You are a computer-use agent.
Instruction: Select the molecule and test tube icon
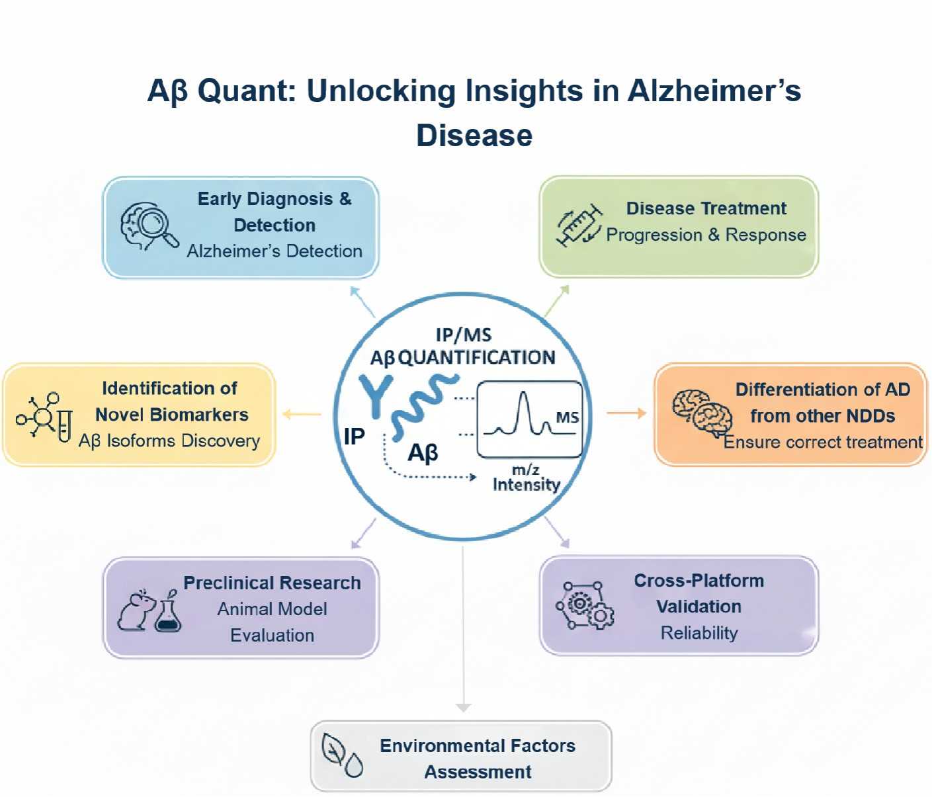pyautogui.click(x=44, y=417)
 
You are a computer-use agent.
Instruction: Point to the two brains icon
pyautogui.click(x=702, y=413)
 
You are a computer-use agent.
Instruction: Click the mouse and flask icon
pyautogui.click(x=149, y=610)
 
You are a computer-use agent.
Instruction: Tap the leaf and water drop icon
pyautogui.click(x=342, y=755)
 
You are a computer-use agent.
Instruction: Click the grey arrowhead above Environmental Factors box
pyautogui.click(x=463, y=707)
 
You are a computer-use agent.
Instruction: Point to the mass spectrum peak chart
pyautogui.click(x=530, y=419)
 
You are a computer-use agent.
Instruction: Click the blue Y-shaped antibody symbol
pyautogui.click(x=376, y=396)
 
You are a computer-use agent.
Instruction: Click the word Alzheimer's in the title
pyautogui.click(x=714, y=91)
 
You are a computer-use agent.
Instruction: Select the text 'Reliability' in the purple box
pyautogui.click(x=699, y=633)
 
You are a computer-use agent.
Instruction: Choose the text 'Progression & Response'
pyautogui.click(x=706, y=235)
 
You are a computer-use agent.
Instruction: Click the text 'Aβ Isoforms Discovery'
pyautogui.click(x=169, y=440)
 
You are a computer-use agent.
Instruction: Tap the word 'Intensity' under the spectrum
pyautogui.click(x=526, y=485)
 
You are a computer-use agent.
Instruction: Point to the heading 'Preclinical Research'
pyautogui.click(x=272, y=583)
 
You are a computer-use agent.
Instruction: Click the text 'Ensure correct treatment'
pyautogui.click(x=822, y=442)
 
